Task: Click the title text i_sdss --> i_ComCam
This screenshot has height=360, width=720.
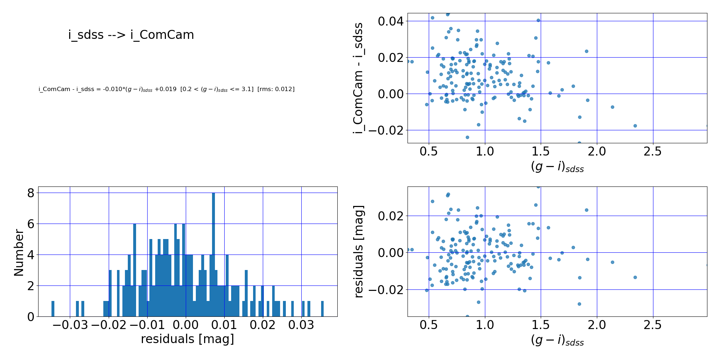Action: pos(131,35)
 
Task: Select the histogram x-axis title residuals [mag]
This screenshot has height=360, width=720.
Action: pos(187,339)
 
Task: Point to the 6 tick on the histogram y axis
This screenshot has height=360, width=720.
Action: pos(31,224)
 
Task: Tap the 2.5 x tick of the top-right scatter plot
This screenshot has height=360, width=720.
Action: pos(653,152)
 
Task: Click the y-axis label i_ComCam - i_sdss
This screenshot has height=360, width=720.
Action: pos(358,78)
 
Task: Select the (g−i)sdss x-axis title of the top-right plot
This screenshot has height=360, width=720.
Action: pos(557,167)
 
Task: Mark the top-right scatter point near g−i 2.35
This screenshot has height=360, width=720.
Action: pos(635,126)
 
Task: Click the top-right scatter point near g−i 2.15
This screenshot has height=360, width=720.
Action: pos(612,107)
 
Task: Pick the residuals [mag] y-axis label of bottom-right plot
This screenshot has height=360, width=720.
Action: pos(359,251)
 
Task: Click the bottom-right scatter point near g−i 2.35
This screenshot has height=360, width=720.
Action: pos(635,277)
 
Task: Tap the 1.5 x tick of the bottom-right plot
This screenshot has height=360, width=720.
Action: pos(541,325)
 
